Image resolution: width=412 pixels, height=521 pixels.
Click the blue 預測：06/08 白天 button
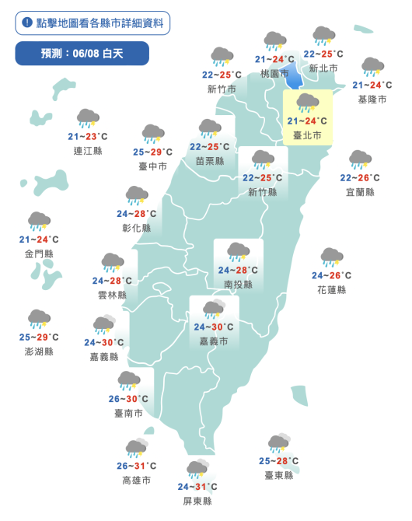tap(82, 54)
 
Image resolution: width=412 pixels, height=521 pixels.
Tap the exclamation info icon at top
tap(27, 23)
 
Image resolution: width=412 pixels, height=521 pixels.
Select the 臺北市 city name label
tap(308, 135)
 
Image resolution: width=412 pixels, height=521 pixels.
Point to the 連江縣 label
tap(87, 151)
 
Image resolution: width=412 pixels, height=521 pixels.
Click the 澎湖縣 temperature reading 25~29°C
tap(39, 337)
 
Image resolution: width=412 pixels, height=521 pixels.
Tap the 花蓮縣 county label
tap(332, 289)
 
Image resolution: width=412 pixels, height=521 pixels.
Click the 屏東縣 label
tap(197, 501)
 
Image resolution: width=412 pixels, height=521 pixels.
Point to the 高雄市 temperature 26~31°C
tap(136, 467)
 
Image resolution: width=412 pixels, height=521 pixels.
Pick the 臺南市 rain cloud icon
tap(129, 381)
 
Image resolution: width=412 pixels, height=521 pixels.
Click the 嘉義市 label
tap(212, 341)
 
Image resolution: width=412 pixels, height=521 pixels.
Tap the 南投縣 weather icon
tap(238, 252)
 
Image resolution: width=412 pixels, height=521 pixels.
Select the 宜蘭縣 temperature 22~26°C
tap(360, 178)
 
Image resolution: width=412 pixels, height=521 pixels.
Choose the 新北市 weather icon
tap(323, 37)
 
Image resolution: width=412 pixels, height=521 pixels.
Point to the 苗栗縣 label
tap(210, 161)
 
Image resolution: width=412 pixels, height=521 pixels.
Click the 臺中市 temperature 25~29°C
tap(152, 152)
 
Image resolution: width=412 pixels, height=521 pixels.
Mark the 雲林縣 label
tap(112, 295)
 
